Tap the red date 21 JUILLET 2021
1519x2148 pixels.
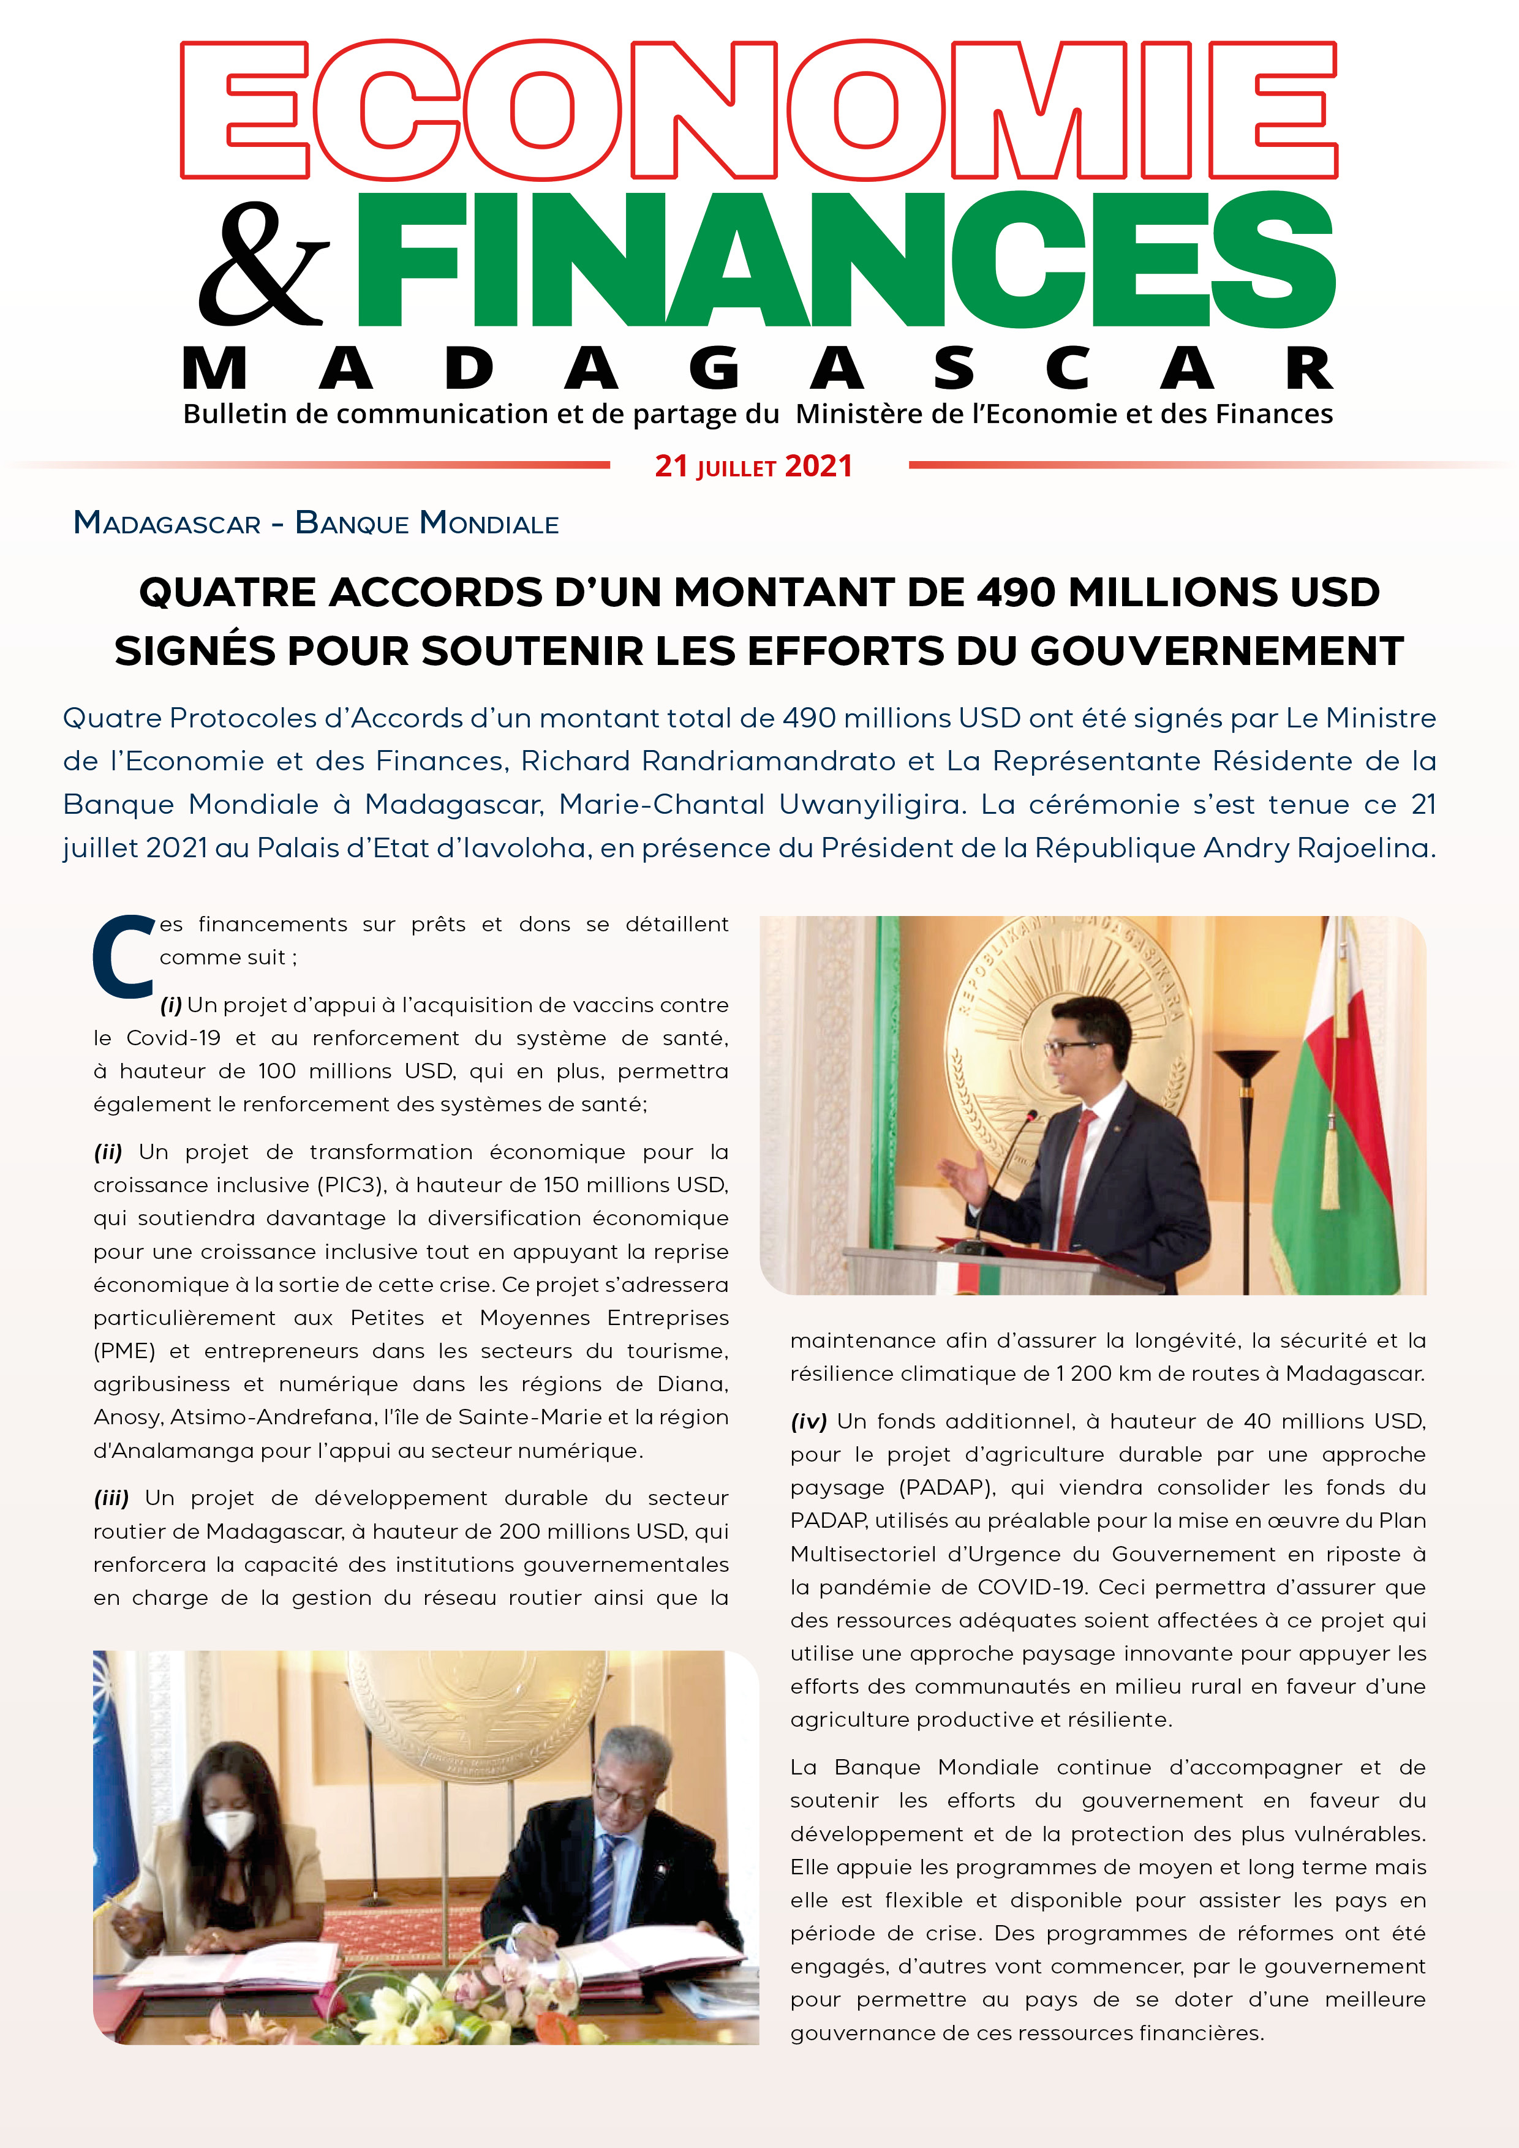(x=753, y=466)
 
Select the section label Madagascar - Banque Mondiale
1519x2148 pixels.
(x=316, y=522)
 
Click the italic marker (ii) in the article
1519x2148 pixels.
(x=108, y=1152)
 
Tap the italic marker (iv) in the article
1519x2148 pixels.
(x=809, y=1421)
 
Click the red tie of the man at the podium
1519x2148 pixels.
(x=1080, y=1170)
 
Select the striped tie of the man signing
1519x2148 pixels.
(x=600, y=1880)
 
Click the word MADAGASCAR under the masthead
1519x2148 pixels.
(x=758, y=369)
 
